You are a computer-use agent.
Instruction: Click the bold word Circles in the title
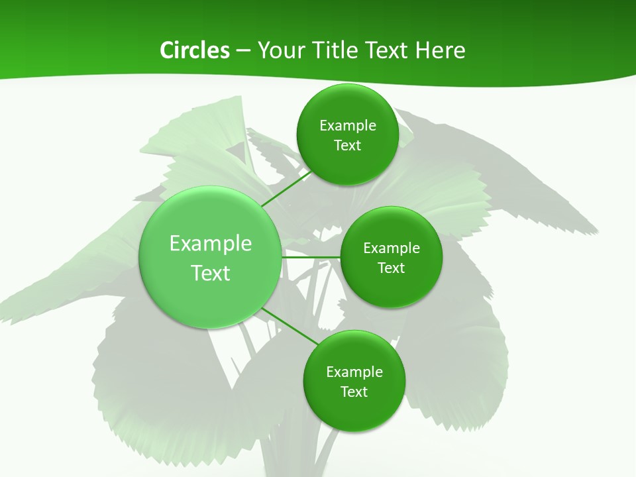[194, 50]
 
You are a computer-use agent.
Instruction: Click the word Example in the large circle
[211, 244]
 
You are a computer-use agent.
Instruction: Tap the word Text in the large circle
[211, 273]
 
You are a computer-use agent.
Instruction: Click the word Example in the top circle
[348, 126]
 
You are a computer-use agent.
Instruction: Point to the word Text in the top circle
[347, 146]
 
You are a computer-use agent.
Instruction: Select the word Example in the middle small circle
[392, 248]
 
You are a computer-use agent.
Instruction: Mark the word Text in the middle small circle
[392, 268]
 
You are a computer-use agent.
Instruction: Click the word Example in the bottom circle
[354, 372]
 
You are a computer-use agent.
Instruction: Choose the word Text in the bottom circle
[354, 392]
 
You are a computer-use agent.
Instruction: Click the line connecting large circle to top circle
[286, 188]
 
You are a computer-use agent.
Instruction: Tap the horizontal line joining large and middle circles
[311, 257]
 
